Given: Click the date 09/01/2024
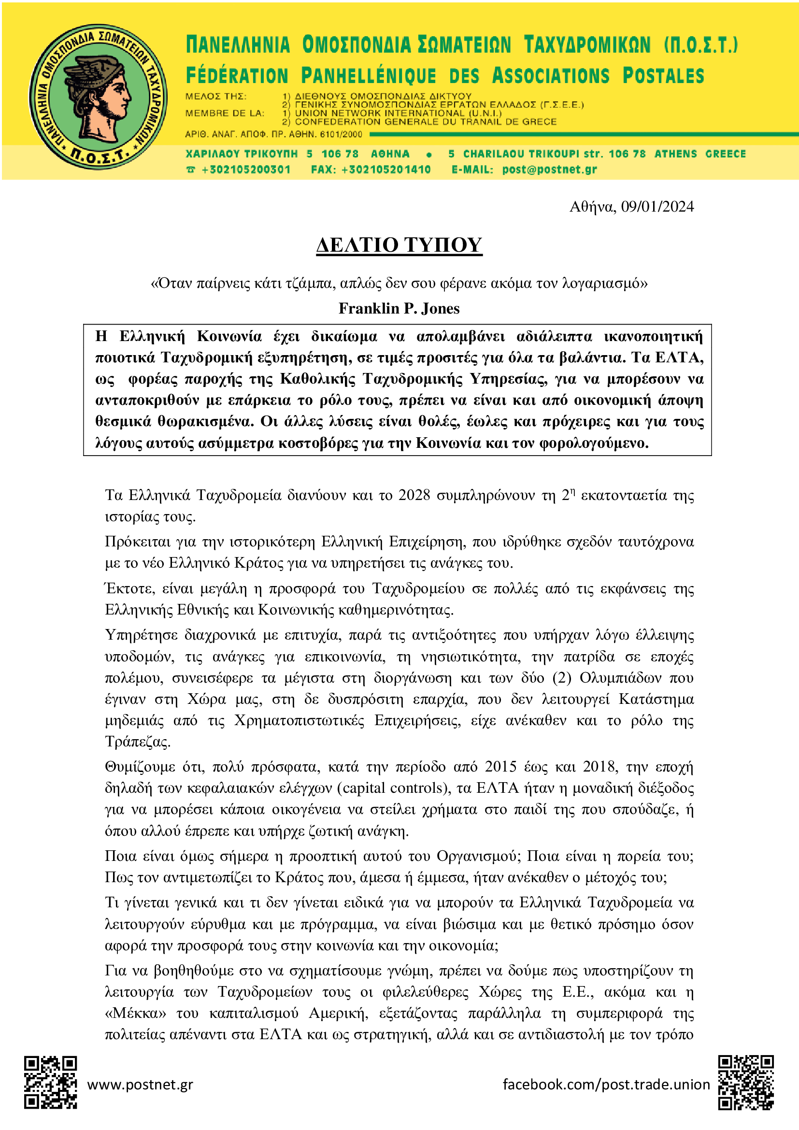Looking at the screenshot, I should [x=657, y=207].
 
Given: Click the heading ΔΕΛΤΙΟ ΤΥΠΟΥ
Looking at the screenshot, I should [x=399, y=245].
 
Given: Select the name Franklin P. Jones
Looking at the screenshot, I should [x=399, y=309].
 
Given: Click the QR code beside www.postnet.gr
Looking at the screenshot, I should [x=51, y=1082].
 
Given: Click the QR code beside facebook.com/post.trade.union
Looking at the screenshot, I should [x=745, y=1082].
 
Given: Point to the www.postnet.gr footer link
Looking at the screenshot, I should [x=140, y=1084].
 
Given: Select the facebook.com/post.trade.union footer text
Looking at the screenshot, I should [x=606, y=1084].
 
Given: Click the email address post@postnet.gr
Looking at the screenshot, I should [x=550, y=170].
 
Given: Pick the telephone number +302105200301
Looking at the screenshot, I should [x=246, y=170].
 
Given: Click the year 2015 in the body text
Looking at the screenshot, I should [x=500, y=767].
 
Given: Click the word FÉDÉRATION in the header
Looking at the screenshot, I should [x=237, y=76].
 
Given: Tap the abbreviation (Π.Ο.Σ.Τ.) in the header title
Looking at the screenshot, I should [x=701, y=45].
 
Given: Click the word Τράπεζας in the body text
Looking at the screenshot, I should [x=137, y=742].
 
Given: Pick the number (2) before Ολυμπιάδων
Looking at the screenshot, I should [x=561, y=678].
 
